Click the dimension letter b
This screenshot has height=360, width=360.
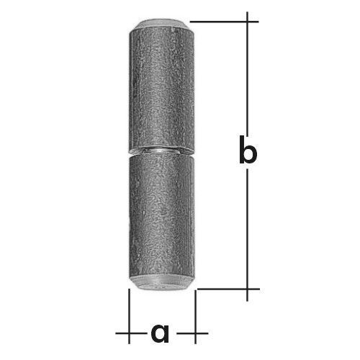point(248,150)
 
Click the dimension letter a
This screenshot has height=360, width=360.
point(160,333)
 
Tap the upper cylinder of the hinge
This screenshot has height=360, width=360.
point(162,88)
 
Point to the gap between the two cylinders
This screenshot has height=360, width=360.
point(161,152)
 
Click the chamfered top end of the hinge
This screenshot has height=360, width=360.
point(161,25)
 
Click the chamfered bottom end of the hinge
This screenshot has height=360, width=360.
point(161,284)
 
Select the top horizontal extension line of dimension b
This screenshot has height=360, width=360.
point(224,22)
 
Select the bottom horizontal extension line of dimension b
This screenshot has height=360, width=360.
point(228,289)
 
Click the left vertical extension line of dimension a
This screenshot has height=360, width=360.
point(129,316)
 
